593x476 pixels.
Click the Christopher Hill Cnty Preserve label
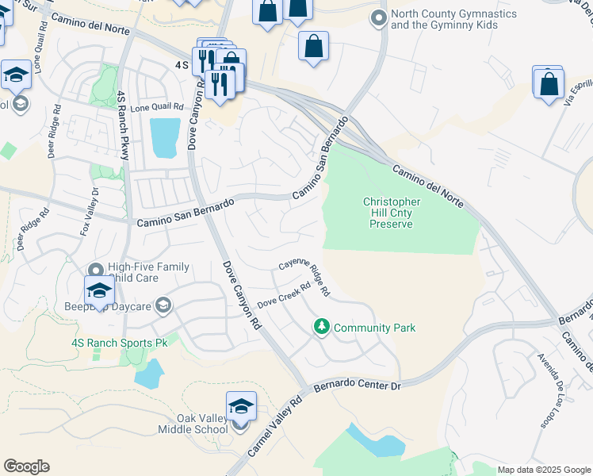pyautogui.click(x=392, y=213)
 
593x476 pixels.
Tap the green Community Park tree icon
pyautogui.click(x=322, y=327)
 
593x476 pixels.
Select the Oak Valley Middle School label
pyautogui.click(x=191, y=424)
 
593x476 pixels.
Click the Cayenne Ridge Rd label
pyautogui.click(x=304, y=279)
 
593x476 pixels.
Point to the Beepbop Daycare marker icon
pyautogui.click(x=163, y=305)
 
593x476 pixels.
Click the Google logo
pyautogui.click(x=26, y=466)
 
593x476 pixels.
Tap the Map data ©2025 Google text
pyautogui.click(x=544, y=470)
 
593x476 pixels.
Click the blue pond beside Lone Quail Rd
pyautogui.click(x=165, y=137)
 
